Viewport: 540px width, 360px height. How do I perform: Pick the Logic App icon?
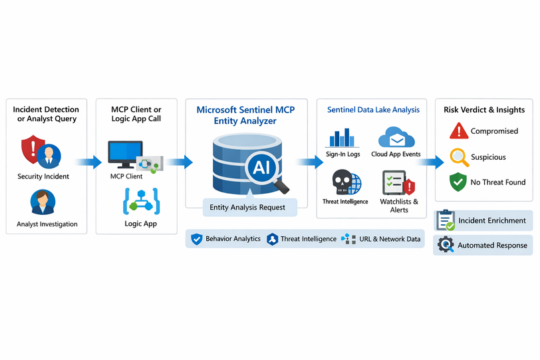pos(140,202)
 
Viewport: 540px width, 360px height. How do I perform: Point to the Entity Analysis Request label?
pos(247,208)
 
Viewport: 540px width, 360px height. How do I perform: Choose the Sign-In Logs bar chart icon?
pos(342,138)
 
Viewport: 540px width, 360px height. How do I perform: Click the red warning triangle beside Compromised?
pos(459,131)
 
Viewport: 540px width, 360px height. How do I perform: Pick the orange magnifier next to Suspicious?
pos(459,157)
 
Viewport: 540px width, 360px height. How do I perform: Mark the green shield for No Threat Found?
pos(459,182)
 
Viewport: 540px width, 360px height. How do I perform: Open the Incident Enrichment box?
pos(483,220)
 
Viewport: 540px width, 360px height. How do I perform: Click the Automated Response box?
pos(483,245)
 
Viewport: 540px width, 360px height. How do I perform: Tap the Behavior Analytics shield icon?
pos(196,239)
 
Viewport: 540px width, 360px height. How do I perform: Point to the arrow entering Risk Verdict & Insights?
pos(431,162)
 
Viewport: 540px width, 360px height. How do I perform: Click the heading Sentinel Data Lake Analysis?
pos(373,110)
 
